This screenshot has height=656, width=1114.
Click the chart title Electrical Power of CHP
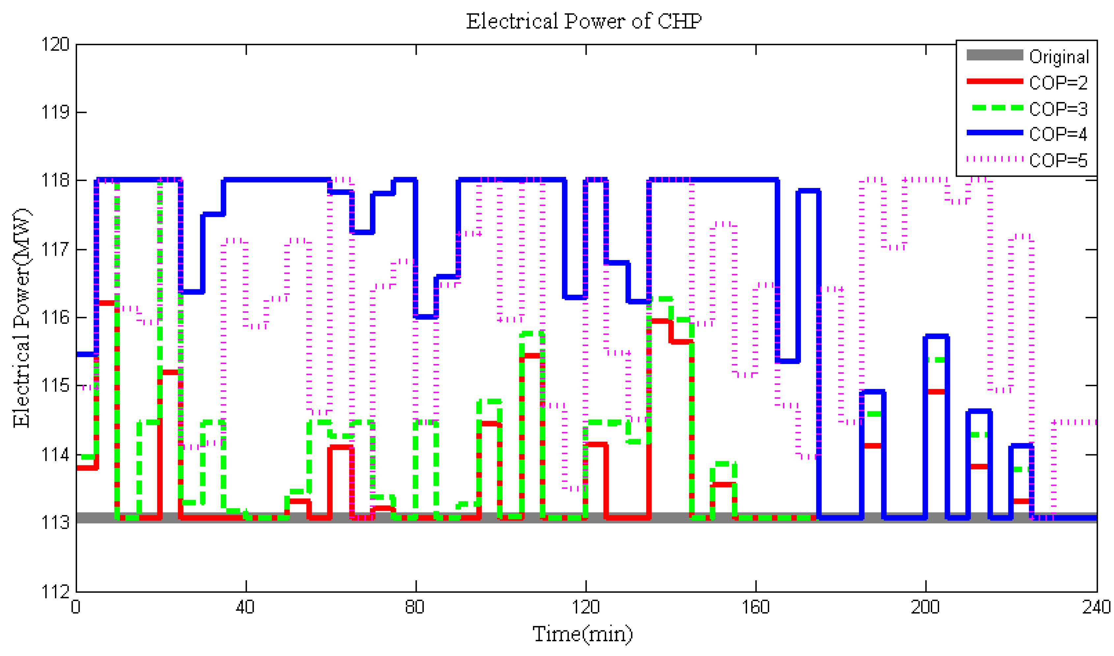583,21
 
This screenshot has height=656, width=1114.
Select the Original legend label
1059,57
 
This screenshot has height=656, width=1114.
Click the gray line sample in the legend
994,55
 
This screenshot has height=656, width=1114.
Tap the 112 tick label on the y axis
55,591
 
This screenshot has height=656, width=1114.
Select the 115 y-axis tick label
55,386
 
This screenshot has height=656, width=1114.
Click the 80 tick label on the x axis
415,607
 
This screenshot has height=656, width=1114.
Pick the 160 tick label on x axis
755,607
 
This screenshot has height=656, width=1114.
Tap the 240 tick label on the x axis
1096,607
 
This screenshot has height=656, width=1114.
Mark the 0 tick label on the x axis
76,607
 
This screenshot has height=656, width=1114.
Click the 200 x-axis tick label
925,607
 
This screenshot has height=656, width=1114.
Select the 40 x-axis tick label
245,607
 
